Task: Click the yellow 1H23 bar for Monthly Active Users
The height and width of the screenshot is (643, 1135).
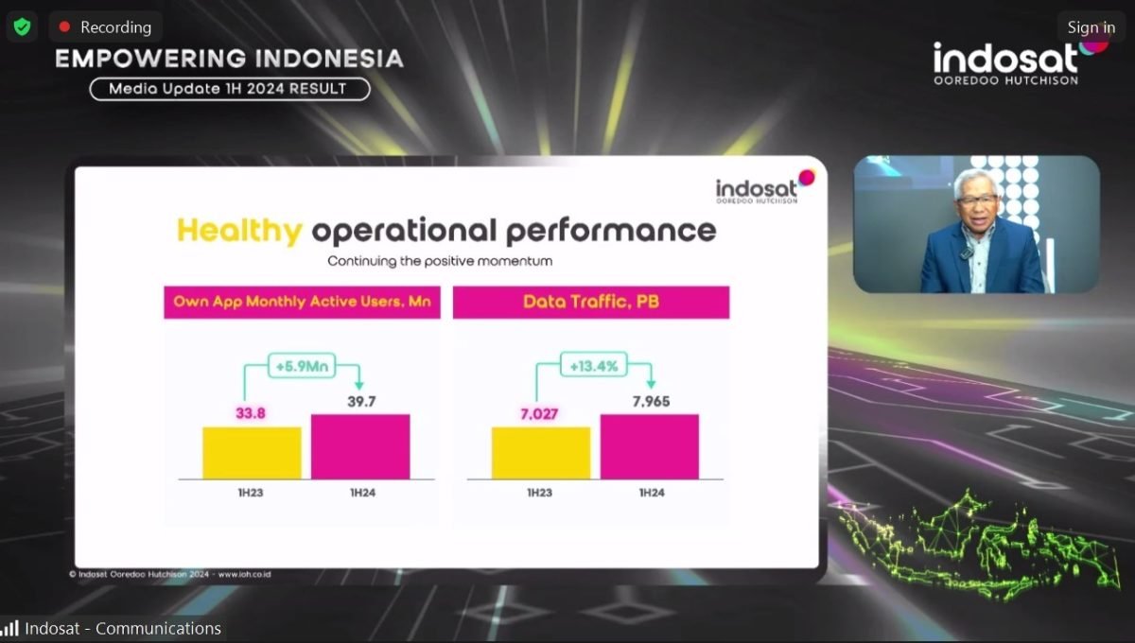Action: point(252,453)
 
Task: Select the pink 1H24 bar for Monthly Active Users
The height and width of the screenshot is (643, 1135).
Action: point(360,447)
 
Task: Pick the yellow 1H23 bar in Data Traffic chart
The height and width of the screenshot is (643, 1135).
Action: point(541,453)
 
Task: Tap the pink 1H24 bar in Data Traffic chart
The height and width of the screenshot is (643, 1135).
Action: point(650,447)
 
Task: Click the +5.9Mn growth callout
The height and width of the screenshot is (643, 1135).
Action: point(302,365)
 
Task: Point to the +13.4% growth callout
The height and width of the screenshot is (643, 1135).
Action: point(593,365)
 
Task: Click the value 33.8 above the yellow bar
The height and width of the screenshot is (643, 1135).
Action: point(251,413)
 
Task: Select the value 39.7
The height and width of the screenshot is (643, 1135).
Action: point(361,402)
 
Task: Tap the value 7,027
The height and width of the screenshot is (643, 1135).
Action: point(538,414)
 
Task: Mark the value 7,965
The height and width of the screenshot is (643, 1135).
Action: point(651,402)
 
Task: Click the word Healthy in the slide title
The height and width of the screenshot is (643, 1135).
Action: point(239,231)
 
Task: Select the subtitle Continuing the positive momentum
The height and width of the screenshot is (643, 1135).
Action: point(440,262)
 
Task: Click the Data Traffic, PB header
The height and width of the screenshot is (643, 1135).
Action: point(591,303)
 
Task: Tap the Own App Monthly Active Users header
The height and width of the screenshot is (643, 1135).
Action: point(302,303)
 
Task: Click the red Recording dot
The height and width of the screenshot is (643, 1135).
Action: point(64,26)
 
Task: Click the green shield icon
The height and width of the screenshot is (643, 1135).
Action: point(22,26)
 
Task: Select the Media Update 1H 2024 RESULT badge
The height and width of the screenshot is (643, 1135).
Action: point(230,89)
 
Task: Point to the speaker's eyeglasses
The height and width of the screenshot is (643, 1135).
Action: point(977,200)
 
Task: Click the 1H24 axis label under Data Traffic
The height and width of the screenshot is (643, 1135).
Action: point(652,493)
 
